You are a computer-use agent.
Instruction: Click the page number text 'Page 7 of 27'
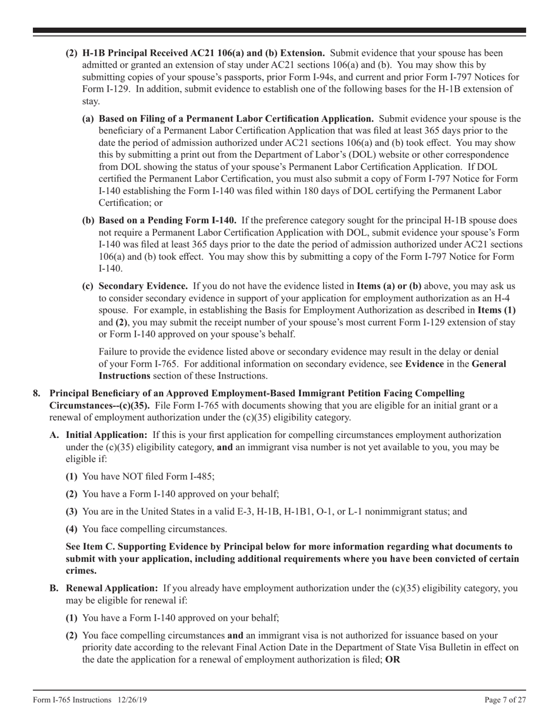pos(501,699)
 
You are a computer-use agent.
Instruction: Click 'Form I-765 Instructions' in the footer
pos(72,699)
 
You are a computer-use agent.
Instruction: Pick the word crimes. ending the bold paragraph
pos(81,571)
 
